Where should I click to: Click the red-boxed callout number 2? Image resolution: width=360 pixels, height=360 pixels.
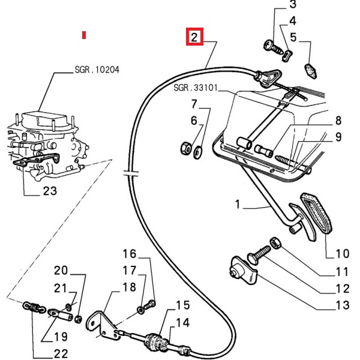pyautogui.click(x=194, y=37)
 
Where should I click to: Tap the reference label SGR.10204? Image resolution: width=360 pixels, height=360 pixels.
pyautogui.click(x=97, y=70)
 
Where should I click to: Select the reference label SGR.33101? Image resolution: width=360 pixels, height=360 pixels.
pyautogui.click(x=196, y=88)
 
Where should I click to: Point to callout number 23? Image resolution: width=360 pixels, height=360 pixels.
pyautogui.click(x=50, y=191)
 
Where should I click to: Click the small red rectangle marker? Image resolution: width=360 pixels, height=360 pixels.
pyautogui.click(x=84, y=35)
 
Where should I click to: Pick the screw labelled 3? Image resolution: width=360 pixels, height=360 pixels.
pyautogui.click(x=273, y=47)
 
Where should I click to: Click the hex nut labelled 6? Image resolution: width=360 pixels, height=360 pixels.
pyautogui.click(x=185, y=148)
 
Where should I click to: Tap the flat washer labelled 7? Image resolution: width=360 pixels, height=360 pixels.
pyautogui.click(x=197, y=152)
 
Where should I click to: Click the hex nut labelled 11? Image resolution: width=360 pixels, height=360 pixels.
pyautogui.click(x=275, y=243)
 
